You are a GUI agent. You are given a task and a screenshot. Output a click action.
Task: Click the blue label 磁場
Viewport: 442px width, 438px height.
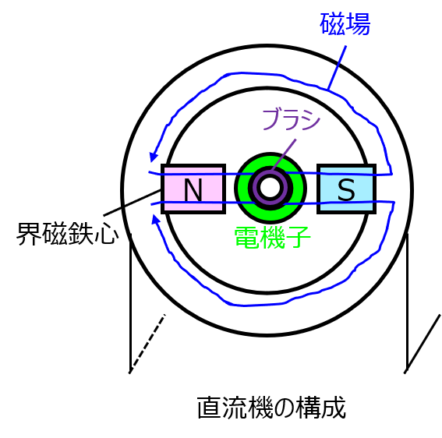click(345, 24)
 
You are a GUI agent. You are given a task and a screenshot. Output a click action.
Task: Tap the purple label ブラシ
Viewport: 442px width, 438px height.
click(292, 120)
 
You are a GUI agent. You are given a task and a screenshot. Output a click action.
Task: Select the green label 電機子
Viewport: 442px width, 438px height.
click(272, 238)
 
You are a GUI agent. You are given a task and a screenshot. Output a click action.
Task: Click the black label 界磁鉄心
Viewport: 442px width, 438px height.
click(68, 233)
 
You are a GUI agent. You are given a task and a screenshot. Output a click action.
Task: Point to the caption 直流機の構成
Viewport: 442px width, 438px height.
click(271, 408)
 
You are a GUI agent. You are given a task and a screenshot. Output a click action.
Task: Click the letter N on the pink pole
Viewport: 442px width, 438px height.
click(193, 189)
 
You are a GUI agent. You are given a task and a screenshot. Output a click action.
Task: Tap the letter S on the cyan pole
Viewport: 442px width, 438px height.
click(346, 189)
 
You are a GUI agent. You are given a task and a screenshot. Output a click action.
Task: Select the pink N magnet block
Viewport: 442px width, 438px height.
click(193, 189)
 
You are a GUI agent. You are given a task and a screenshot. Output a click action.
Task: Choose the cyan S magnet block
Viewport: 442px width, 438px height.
click(346, 189)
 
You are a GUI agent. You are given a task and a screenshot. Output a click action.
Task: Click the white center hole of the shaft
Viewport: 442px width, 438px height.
click(270, 187)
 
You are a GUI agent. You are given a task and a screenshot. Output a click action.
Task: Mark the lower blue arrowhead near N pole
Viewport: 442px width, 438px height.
click(155, 219)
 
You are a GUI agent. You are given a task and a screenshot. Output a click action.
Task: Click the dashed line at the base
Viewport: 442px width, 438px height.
click(147, 343)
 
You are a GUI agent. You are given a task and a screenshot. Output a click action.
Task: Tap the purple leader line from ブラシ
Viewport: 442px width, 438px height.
click(284, 154)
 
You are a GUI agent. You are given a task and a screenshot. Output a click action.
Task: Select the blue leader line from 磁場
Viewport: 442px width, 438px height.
click(337, 68)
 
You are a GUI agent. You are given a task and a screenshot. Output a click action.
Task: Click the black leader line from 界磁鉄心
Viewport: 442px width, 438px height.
click(133, 203)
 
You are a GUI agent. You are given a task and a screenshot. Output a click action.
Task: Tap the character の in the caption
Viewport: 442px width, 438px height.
click(284, 408)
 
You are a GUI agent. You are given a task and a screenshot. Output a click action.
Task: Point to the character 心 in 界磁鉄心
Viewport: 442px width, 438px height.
click(107, 234)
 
